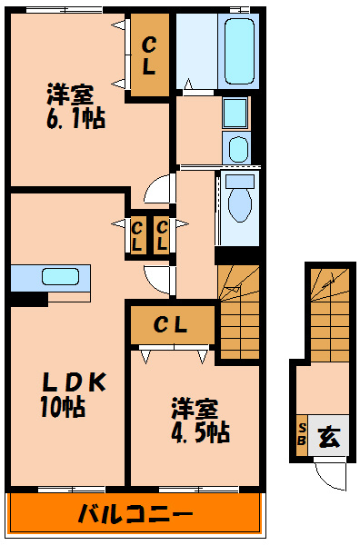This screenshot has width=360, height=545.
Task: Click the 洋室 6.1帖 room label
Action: (76, 106)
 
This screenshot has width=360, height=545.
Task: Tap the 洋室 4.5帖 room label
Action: (200, 421)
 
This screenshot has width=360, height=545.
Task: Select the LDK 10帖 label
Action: (74, 394)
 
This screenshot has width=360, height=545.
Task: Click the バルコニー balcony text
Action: (135, 515)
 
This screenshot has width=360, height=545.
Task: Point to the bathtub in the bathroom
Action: (238, 51)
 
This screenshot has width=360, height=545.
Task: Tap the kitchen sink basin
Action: (60, 277)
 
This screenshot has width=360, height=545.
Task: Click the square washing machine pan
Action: (235, 114)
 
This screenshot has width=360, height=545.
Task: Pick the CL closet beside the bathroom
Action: (150, 55)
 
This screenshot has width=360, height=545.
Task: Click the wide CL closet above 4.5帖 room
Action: (172, 325)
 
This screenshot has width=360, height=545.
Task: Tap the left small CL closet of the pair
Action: (136, 236)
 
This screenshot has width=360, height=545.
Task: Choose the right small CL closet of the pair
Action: (162, 236)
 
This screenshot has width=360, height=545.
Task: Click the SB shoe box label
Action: (302, 434)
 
